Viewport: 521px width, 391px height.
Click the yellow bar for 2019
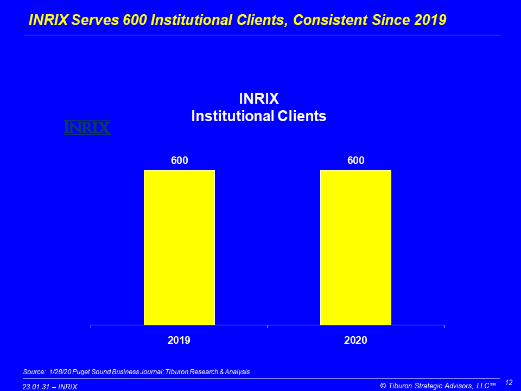tap(179, 247)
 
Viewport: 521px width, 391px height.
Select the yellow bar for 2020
tap(355, 247)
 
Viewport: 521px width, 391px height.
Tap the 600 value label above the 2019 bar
tap(179, 161)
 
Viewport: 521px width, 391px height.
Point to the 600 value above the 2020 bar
tap(355, 161)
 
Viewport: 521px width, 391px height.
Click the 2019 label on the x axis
tap(179, 340)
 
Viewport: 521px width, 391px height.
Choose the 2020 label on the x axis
tap(355, 340)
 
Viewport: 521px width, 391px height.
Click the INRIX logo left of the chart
tap(87, 128)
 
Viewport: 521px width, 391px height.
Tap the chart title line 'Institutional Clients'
tap(259, 116)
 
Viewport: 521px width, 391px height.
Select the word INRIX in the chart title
tap(259, 99)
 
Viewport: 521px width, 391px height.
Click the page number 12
tap(509, 383)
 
